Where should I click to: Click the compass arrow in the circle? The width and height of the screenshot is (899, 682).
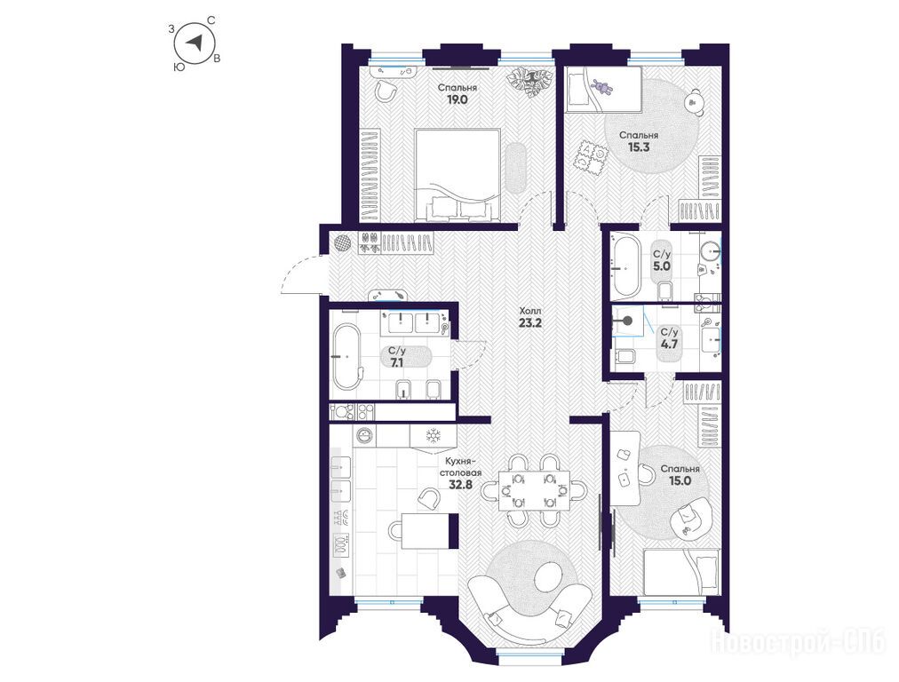[196, 42]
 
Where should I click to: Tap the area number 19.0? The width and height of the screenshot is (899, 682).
[457, 99]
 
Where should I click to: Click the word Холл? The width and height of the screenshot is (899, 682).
[529, 311]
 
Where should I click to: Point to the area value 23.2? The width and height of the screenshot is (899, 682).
[529, 322]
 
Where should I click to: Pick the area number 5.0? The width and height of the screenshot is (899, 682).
[661, 266]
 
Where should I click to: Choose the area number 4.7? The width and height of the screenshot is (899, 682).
[669, 345]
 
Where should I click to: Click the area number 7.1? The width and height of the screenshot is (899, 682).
[397, 361]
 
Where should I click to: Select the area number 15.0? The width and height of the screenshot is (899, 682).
[680, 480]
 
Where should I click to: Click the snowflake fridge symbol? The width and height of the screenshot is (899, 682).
[433, 437]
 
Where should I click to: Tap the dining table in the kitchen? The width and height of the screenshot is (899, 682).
[534, 490]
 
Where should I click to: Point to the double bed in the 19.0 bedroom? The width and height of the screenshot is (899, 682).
[458, 174]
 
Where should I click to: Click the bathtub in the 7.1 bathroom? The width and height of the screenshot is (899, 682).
[346, 357]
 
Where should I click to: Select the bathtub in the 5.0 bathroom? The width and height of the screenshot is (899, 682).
[626, 266]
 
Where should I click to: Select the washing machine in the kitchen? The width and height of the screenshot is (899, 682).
[364, 436]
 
